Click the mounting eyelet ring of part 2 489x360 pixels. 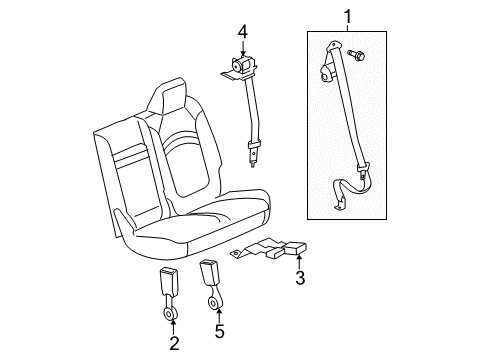point(173,316)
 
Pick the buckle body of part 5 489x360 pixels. point(211,273)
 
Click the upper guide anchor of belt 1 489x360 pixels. point(328,62)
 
